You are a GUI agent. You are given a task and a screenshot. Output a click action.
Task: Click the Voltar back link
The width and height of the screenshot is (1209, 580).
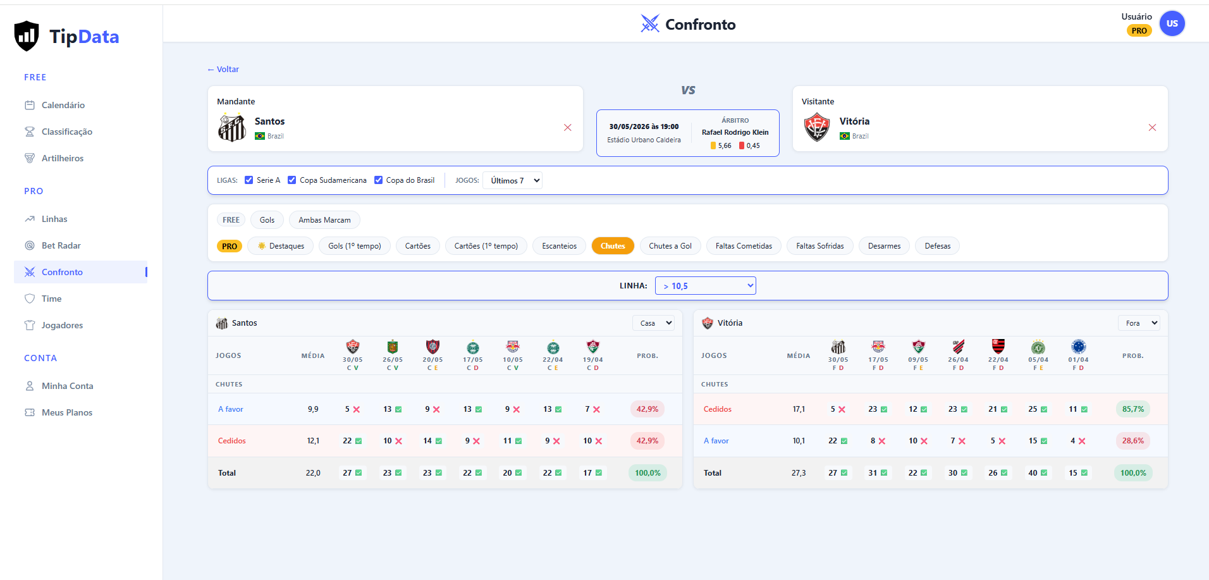tap(223, 70)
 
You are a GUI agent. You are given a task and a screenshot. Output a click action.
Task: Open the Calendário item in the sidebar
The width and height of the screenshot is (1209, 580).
tap(63, 105)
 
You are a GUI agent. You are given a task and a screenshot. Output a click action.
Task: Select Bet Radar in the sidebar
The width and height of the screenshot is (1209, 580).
tap(61, 245)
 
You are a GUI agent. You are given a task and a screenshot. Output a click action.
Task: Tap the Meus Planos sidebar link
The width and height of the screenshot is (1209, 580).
tap(67, 412)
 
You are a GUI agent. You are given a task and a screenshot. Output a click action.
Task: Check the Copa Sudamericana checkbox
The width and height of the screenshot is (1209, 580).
tap(292, 180)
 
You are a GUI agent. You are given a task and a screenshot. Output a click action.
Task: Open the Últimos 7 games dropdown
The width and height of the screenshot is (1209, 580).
tap(512, 180)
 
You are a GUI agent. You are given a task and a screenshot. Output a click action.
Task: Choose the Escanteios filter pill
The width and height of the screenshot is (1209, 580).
tap(559, 246)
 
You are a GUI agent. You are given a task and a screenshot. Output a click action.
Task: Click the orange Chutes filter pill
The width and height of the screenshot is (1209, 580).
tap(613, 246)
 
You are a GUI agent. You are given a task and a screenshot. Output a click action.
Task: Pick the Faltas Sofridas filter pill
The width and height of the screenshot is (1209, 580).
tap(820, 246)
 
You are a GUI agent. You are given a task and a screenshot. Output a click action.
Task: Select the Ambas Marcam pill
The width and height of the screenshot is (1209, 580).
tap(324, 220)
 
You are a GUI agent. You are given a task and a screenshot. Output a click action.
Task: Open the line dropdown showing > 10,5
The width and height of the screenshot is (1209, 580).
tap(706, 286)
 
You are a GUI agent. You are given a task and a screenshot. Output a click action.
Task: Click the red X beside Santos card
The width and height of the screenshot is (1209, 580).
tap(568, 128)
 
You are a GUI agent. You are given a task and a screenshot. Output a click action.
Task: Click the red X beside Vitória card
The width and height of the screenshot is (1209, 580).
tap(1152, 128)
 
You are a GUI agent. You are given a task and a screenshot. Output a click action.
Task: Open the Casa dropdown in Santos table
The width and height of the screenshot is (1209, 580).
tap(654, 323)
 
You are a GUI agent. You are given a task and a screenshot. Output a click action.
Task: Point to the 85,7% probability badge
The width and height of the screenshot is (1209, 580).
tap(1133, 409)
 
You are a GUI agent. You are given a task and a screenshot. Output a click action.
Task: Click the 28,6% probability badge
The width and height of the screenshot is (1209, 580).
tap(1133, 441)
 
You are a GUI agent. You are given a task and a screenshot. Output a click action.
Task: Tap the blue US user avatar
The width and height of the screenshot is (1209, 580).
tap(1172, 23)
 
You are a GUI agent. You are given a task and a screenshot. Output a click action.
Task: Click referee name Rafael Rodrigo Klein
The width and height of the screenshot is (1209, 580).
tap(735, 133)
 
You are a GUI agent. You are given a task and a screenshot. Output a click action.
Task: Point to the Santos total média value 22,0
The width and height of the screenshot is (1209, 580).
tap(313, 473)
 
